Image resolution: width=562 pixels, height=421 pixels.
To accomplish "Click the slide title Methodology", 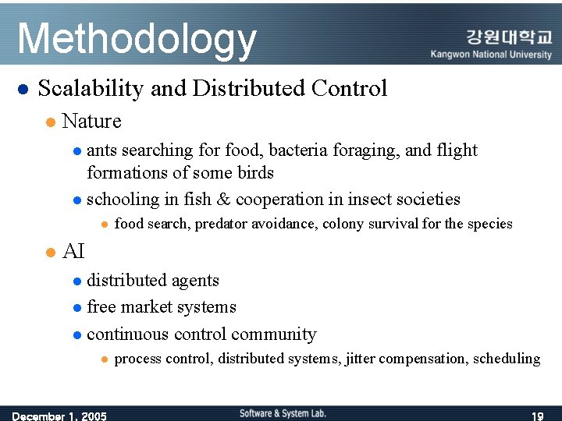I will pos(137,39).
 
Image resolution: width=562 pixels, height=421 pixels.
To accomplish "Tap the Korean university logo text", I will pos(508,37).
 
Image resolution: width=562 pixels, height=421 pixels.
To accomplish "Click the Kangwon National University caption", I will pos(491,55).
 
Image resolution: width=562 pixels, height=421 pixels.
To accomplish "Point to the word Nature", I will pos(91,122).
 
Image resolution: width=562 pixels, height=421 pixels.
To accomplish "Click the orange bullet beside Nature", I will pos(49,122).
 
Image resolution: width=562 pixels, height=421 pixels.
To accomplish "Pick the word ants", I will pos(102,150).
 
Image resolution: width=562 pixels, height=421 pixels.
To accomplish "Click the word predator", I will pos(222,225).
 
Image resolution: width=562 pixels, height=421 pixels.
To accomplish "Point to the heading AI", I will pos(73,252).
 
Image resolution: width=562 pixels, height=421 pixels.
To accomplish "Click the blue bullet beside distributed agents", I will pos(76,281).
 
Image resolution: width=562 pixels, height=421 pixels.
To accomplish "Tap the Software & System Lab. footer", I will pos(283,413).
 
